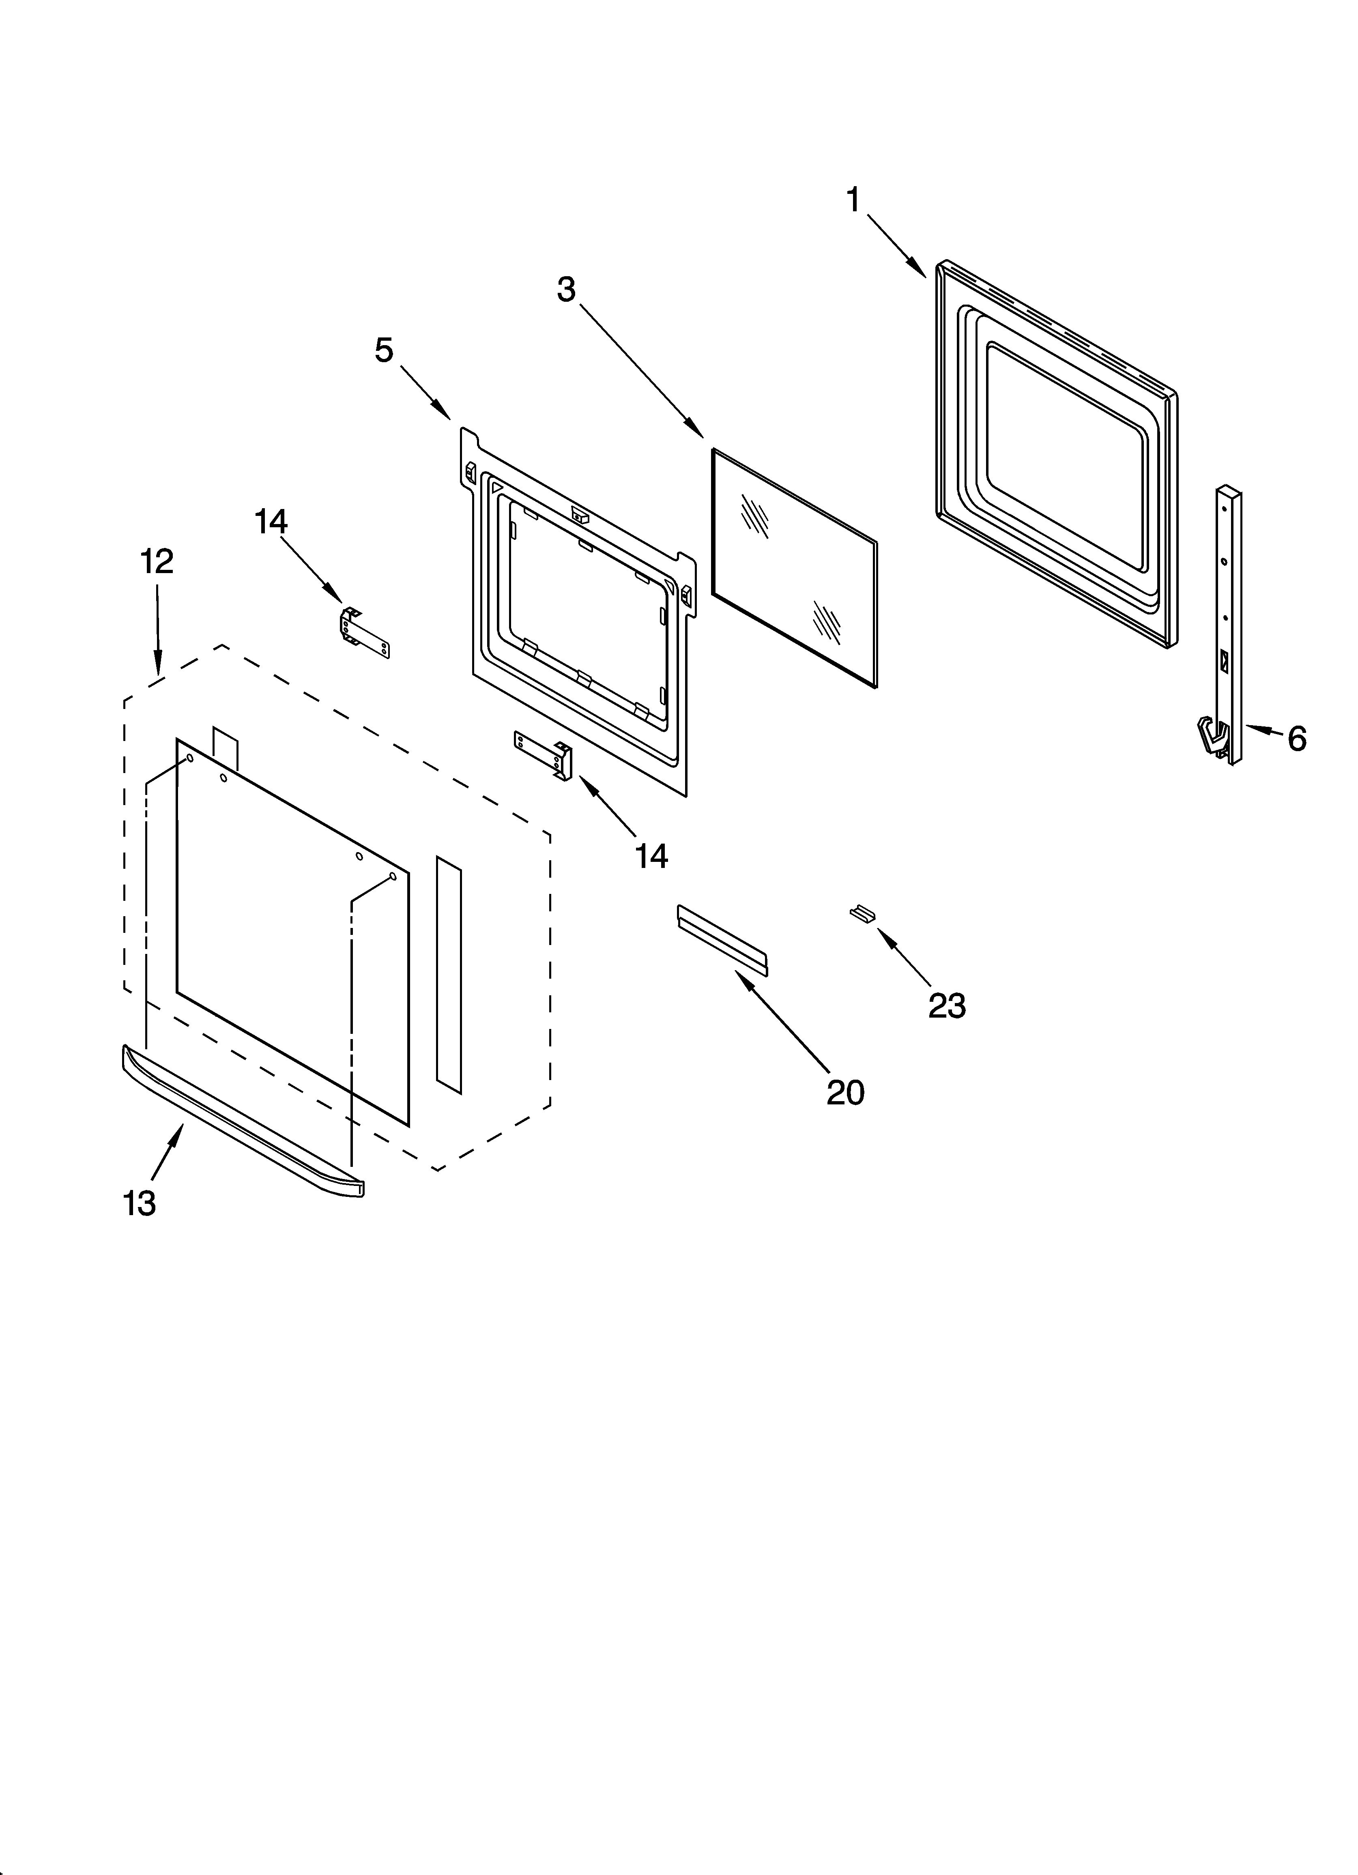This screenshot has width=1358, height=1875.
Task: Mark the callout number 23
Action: [947, 1005]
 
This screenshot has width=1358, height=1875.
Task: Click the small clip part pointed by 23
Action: [863, 913]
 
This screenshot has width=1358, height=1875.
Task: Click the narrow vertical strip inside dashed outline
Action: [449, 975]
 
